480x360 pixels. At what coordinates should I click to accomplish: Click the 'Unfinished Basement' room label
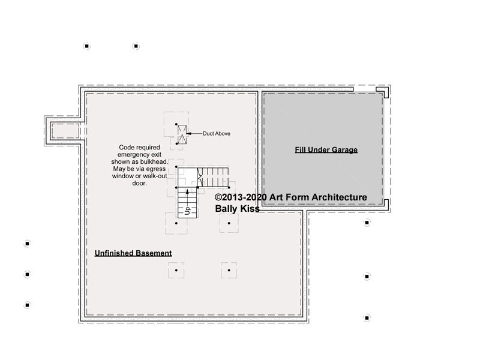(133, 253)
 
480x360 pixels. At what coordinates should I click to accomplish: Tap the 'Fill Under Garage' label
(326, 149)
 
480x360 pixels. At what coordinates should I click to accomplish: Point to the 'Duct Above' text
(217, 133)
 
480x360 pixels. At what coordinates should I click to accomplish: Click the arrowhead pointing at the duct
(188, 133)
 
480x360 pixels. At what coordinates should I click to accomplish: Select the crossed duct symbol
(182, 134)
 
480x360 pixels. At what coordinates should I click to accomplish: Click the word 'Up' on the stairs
(187, 211)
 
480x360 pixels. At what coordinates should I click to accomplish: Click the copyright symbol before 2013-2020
(218, 197)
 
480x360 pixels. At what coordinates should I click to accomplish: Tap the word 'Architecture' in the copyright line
(339, 197)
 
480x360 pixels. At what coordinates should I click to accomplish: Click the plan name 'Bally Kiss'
(237, 209)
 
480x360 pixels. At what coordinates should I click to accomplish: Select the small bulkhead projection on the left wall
(64, 131)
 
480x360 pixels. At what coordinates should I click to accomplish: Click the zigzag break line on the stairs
(200, 177)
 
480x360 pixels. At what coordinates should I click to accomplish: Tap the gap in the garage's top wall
(365, 89)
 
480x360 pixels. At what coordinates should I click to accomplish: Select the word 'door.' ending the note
(140, 183)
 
